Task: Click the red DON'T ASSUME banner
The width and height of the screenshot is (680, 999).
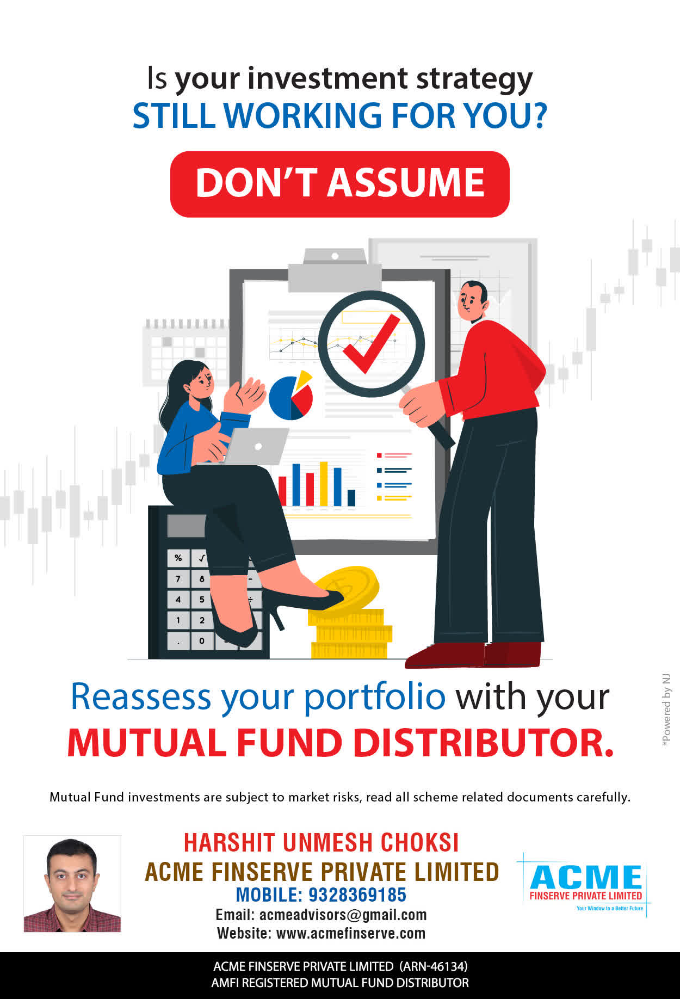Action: (340, 184)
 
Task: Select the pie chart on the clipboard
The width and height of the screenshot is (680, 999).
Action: (291, 396)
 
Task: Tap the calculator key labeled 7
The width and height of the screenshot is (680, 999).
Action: (178, 579)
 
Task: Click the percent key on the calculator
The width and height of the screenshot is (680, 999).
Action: (178, 558)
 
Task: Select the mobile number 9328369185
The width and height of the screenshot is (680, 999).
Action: (357, 895)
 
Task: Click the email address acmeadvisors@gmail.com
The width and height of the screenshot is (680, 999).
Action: (343, 915)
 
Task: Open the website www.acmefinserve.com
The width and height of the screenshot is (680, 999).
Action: (351, 933)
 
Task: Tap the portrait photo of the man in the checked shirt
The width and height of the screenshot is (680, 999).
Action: (72, 884)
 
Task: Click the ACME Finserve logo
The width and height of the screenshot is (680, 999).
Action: (585, 884)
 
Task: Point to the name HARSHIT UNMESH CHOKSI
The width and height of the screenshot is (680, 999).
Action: (321, 842)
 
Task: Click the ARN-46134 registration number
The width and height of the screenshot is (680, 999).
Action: (434, 966)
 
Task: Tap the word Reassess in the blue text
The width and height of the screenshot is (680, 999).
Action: (141, 696)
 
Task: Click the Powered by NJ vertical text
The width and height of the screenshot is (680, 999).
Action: (666, 711)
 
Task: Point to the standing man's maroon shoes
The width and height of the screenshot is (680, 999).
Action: (473, 655)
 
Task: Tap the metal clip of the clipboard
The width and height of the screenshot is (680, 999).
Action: (335, 270)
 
